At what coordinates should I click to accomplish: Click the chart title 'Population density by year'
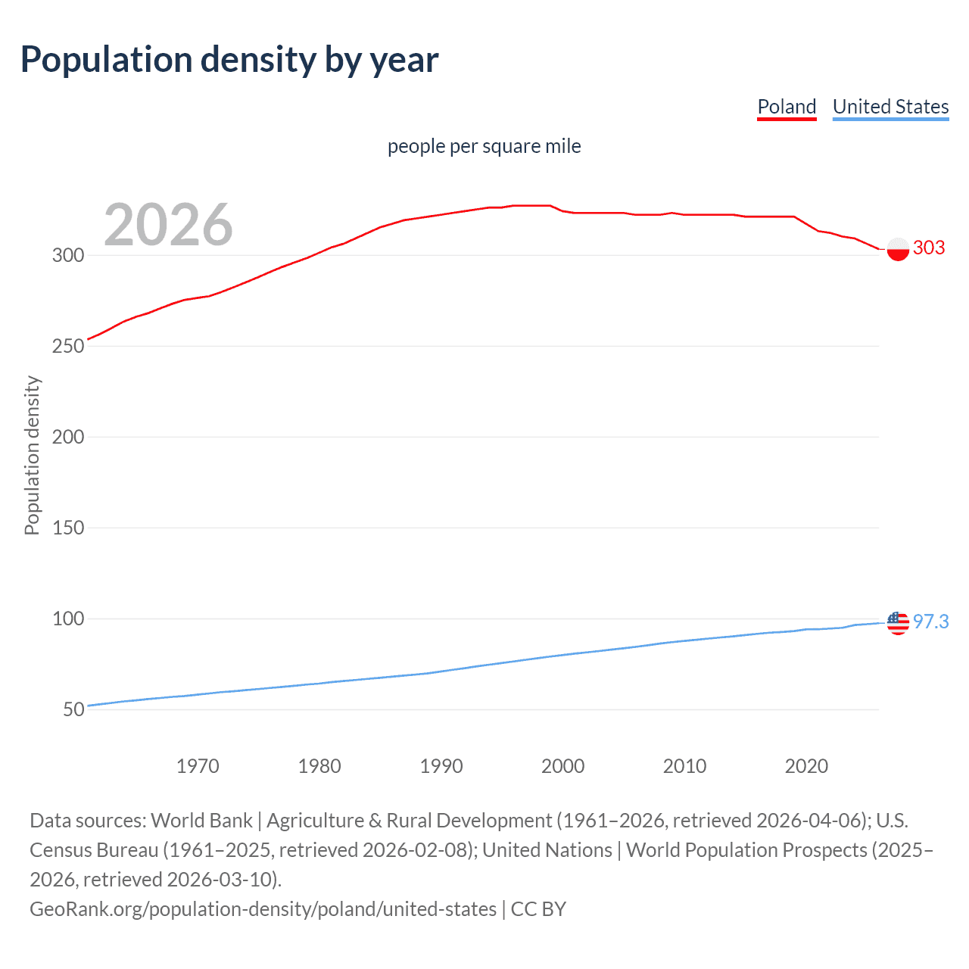pyautogui.click(x=229, y=60)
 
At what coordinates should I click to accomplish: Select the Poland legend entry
pyautogui.click(x=787, y=107)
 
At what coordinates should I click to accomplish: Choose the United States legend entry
pyautogui.click(x=890, y=107)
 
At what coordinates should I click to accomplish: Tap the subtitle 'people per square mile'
pyautogui.click(x=484, y=146)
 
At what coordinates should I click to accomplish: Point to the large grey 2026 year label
pyautogui.click(x=168, y=225)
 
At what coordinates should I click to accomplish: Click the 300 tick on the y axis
pyautogui.click(x=67, y=255)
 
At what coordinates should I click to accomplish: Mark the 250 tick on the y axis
pyautogui.click(x=67, y=346)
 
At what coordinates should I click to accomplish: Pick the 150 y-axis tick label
pyautogui.click(x=67, y=528)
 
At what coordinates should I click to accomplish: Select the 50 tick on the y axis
pyautogui.click(x=73, y=709)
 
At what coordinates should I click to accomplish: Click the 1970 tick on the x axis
pyautogui.click(x=198, y=766)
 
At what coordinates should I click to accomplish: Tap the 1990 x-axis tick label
pyautogui.click(x=441, y=766)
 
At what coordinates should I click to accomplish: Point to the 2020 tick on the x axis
pyautogui.click(x=806, y=766)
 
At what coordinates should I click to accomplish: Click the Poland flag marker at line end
pyautogui.click(x=898, y=249)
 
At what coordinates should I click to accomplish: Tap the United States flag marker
pyautogui.click(x=898, y=623)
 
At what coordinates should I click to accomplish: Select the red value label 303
pyautogui.click(x=929, y=248)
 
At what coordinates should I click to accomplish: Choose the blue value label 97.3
pyautogui.click(x=930, y=622)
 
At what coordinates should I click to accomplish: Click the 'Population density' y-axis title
pyautogui.click(x=32, y=456)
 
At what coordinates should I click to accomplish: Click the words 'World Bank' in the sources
pyautogui.click(x=201, y=821)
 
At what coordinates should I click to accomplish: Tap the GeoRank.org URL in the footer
pyautogui.click(x=263, y=908)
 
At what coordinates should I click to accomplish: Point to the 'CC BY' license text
pyautogui.click(x=538, y=908)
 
